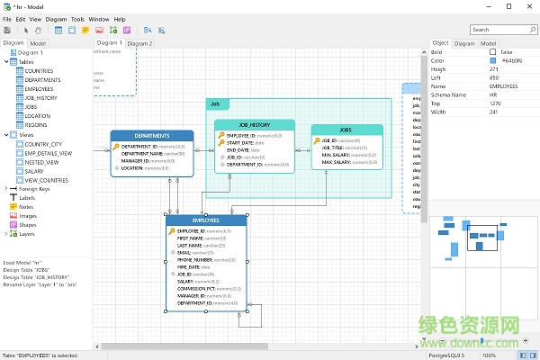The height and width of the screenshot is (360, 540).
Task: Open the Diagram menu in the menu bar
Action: pos(55,18)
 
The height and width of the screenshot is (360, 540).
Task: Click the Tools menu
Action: pos(77,18)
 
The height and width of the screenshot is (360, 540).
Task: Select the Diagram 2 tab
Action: pos(139,43)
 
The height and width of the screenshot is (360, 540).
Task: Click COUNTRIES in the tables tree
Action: pos(39,70)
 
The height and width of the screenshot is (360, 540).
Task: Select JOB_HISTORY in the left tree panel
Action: pos(40,97)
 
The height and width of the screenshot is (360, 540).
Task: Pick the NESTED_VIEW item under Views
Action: pos(42,161)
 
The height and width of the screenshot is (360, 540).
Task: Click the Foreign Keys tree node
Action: pos(33,189)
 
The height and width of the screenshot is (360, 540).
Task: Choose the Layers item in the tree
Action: pos(27,234)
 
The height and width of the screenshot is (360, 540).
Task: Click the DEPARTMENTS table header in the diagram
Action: pos(152,136)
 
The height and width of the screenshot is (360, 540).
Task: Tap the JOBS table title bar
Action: pos(346,130)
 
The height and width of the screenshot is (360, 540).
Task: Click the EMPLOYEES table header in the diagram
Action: pos(205,220)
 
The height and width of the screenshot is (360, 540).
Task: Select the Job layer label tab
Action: pos(216,104)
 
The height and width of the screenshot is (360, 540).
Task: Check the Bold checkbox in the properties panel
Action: pos(481,52)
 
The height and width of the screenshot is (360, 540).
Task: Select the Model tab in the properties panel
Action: pos(487,43)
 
